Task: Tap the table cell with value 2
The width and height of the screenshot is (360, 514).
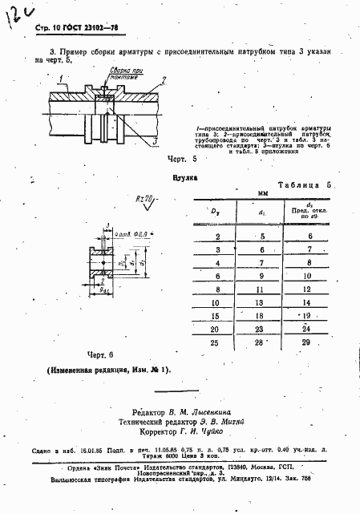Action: tap(218, 236)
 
